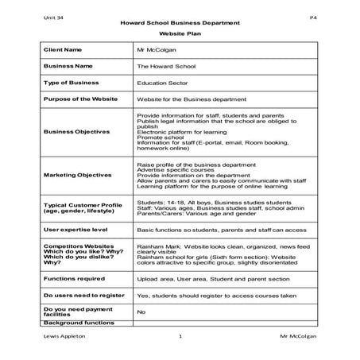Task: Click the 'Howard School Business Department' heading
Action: coord(180,23)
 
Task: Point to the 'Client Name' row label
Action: coord(63,50)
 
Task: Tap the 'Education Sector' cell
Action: coord(162,82)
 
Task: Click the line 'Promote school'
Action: coord(159,137)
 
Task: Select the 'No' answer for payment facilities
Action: coord(141,312)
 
